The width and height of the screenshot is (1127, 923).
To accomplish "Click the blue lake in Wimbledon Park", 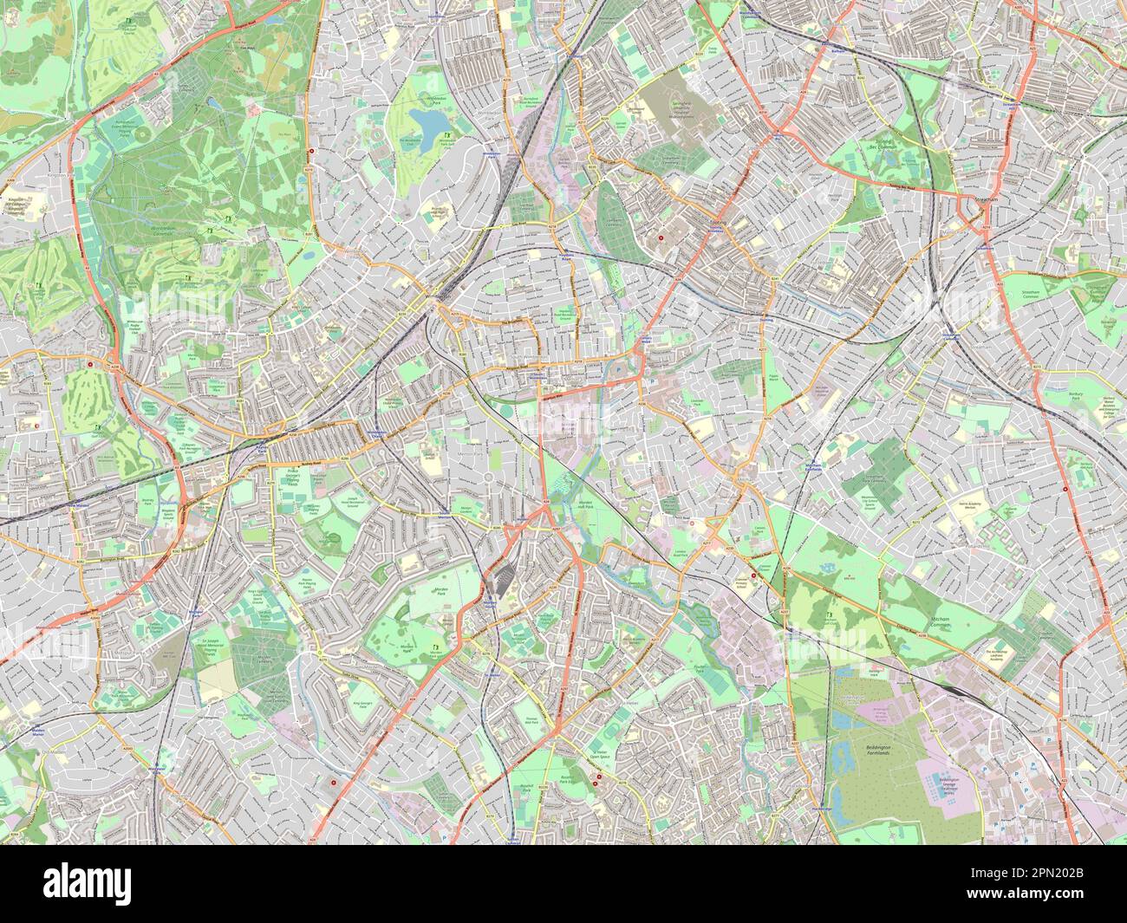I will point(427,118).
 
